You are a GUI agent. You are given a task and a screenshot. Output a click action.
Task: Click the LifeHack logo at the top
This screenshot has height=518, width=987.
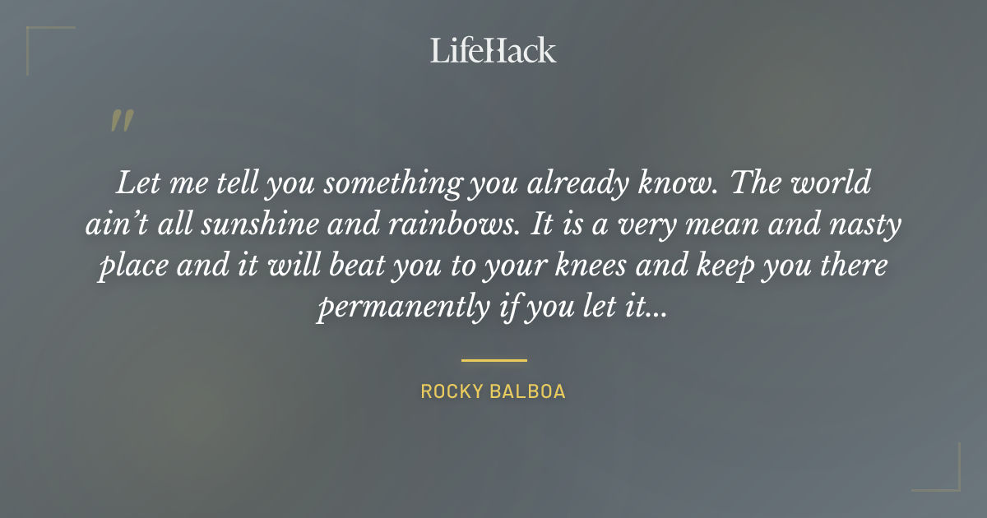point(493,51)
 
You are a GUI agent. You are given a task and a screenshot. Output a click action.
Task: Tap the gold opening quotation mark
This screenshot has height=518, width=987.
point(122,121)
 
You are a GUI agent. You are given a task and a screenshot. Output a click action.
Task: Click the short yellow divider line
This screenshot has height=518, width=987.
point(493,360)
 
